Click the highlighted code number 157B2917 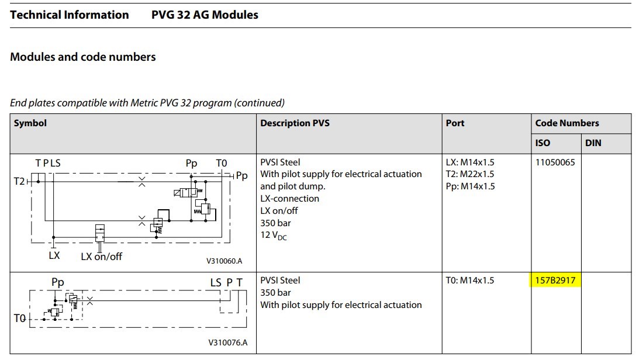pyautogui.click(x=555, y=281)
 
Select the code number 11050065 pyautogui.click(x=555, y=162)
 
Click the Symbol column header pyautogui.click(x=30, y=123)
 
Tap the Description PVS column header pyautogui.click(x=295, y=123)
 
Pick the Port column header pyautogui.click(x=455, y=123)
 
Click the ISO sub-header pyautogui.click(x=543, y=143)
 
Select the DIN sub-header pyautogui.click(x=593, y=143)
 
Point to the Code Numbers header pyautogui.click(x=567, y=123)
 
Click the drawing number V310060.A pyautogui.click(x=224, y=261)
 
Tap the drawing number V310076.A pyautogui.click(x=227, y=342)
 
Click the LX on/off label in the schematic pyautogui.click(x=101, y=257)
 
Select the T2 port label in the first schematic pyautogui.click(x=19, y=181)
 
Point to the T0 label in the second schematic pyautogui.click(x=19, y=318)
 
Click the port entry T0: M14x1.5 pyautogui.click(x=469, y=281)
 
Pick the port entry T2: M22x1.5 pyautogui.click(x=470, y=174)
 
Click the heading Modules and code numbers pyautogui.click(x=83, y=57)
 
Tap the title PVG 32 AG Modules pyautogui.click(x=205, y=15)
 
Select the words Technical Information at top pyautogui.click(x=70, y=15)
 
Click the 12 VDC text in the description pyautogui.click(x=274, y=236)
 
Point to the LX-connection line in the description pyautogui.click(x=289, y=199)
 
